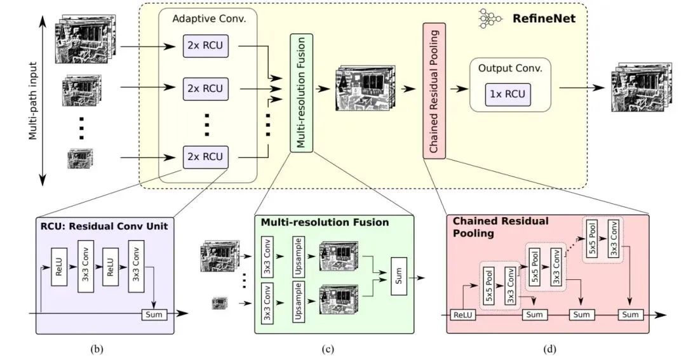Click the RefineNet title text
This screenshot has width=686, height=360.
(544, 19)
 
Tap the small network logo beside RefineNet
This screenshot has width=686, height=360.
(490, 19)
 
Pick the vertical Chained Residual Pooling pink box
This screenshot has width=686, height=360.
(434, 91)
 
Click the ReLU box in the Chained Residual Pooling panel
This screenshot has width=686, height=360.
(459, 314)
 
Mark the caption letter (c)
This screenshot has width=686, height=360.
(326, 348)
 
